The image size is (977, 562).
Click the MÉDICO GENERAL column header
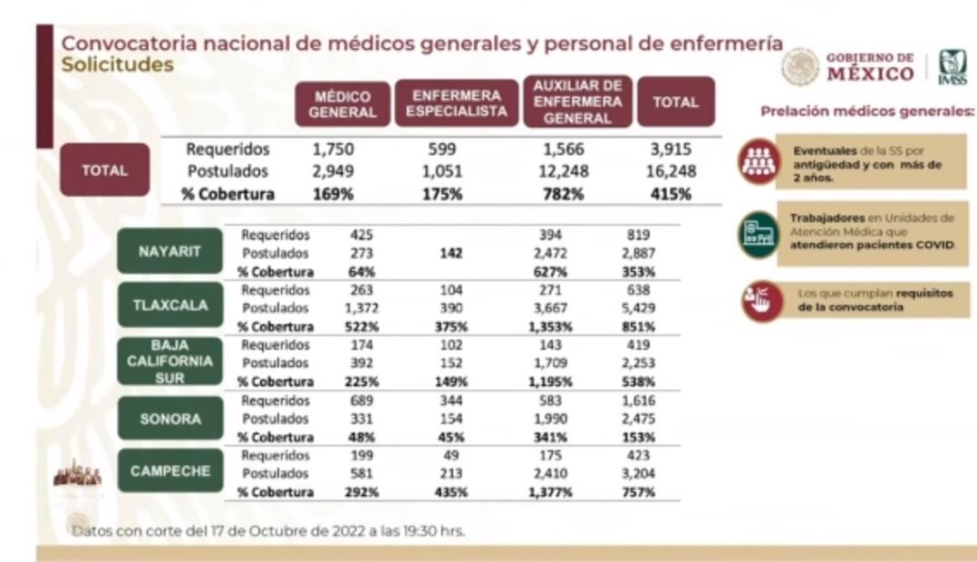click(x=343, y=104)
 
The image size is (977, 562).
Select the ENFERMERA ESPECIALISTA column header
click(x=456, y=104)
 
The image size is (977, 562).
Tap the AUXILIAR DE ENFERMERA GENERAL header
click(x=577, y=102)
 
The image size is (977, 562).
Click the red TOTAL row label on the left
click(x=105, y=170)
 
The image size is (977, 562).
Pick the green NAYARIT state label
click(x=169, y=251)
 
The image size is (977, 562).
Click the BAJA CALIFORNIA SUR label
click(x=169, y=361)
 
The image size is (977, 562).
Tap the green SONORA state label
click(x=169, y=419)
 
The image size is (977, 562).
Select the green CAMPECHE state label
click(x=169, y=471)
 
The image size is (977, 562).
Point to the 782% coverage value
click(x=564, y=194)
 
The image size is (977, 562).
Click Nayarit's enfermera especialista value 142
click(x=450, y=254)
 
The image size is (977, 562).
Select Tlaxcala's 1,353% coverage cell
click(x=551, y=326)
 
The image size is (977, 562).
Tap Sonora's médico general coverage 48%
click(x=363, y=435)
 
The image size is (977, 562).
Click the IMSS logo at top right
click(x=953, y=68)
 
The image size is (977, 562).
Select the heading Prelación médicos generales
click(x=867, y=112)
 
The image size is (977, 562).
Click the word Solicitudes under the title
click(x=117, y=65)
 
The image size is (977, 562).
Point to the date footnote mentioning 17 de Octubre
click(x=269, y=531)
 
